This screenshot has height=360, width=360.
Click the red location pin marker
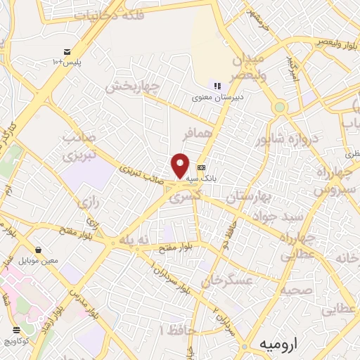coord(181,165)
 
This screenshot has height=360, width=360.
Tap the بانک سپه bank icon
coord(202,167)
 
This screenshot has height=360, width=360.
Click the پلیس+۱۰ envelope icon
coord(67,52)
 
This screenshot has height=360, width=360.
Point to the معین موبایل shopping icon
coord(38,250)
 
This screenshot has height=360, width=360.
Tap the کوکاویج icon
coord(17,329)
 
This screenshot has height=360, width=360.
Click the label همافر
coord(195,132)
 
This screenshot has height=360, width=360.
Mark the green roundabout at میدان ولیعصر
coord(281,108)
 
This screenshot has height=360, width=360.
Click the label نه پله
coord(134,240)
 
